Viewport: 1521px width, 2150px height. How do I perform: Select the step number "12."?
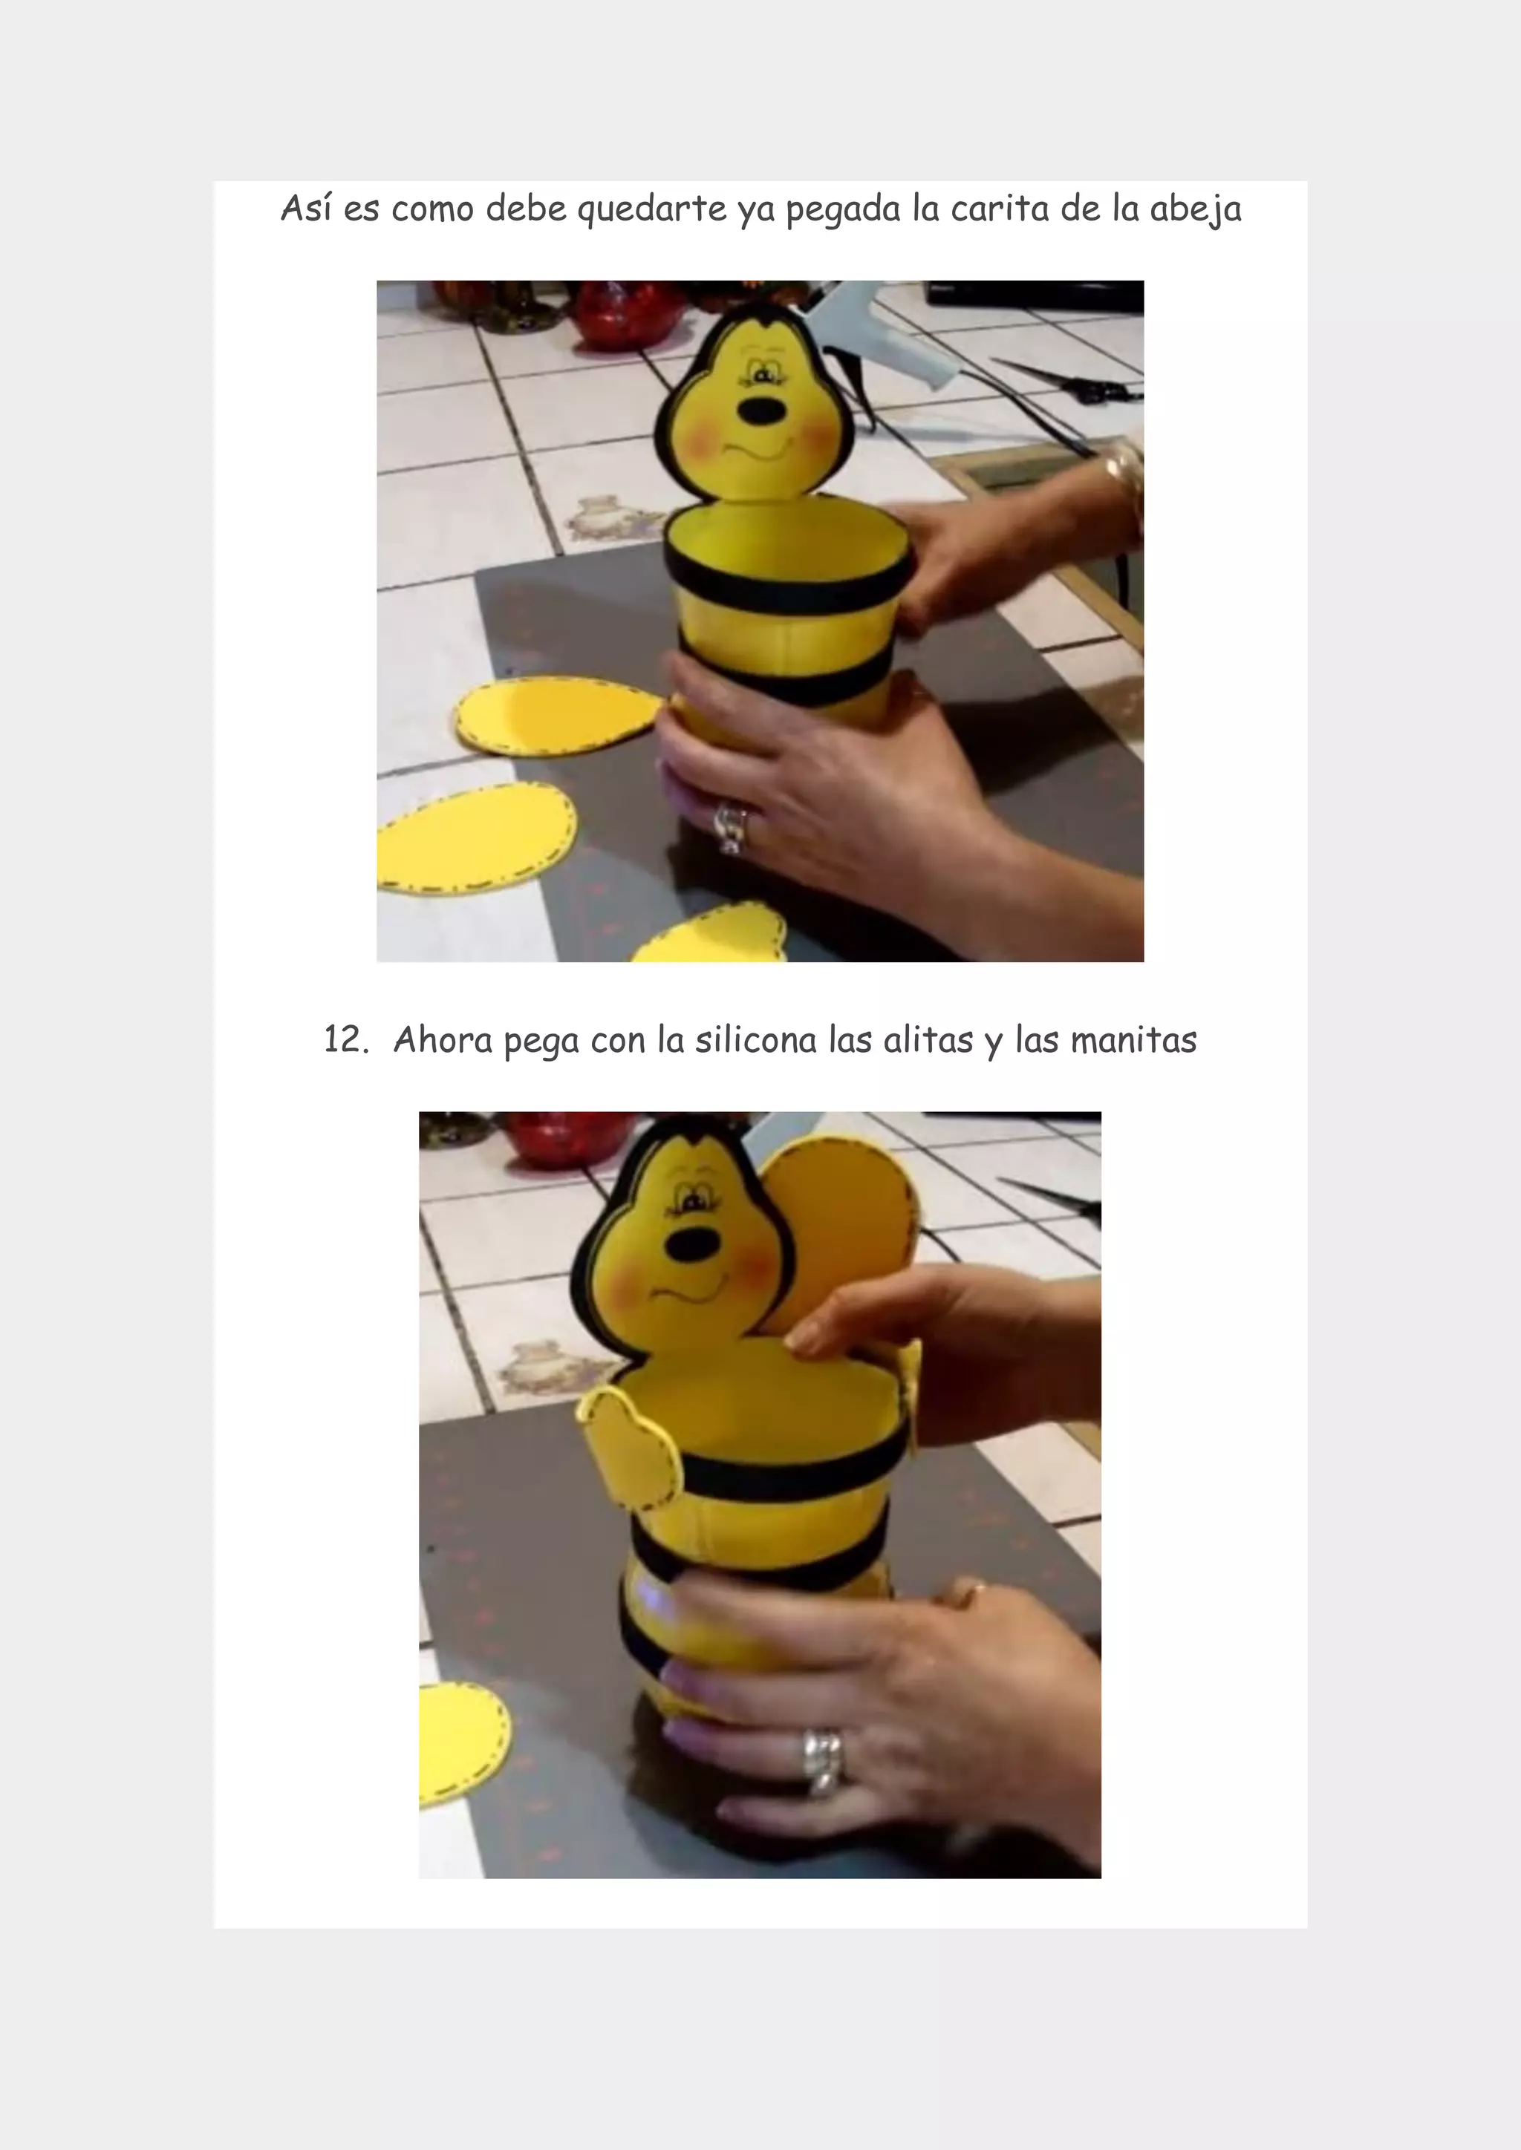click(x=345, y=1039)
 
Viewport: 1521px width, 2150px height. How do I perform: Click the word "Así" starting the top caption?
click(x=305, y=207)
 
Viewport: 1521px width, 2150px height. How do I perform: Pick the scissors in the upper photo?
click(x=1068, y=379)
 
